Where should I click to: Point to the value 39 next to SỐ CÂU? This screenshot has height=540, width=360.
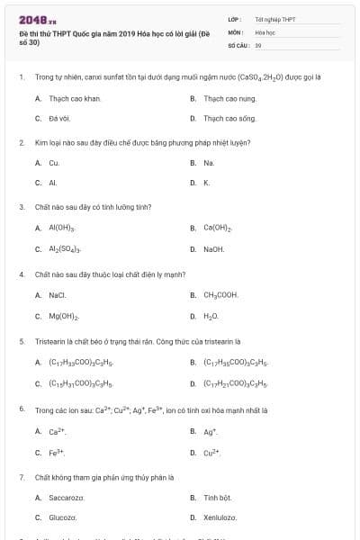point(258,44)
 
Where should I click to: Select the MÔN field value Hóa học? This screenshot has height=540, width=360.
point(265,31)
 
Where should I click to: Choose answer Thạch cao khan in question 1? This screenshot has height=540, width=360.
point(75,98)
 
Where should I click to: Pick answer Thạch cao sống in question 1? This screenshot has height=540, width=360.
point(229,118)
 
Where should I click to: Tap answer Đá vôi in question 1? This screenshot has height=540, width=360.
point(60,118)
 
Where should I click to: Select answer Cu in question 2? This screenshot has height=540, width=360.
point(54,163)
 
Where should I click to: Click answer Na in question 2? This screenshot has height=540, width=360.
point(209,163)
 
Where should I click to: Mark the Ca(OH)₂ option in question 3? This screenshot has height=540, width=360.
point(218,228)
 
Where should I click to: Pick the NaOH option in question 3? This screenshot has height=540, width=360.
point(213,248)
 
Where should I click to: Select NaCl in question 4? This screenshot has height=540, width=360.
point(58,294)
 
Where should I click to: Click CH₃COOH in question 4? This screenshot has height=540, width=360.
point(220,294)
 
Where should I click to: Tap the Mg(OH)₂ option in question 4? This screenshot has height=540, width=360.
point(64,316)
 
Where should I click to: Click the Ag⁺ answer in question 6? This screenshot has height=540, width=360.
point(211,431)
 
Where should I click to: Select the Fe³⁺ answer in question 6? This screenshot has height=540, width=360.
point(57,452)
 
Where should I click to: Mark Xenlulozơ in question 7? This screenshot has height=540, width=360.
point(220,517)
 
